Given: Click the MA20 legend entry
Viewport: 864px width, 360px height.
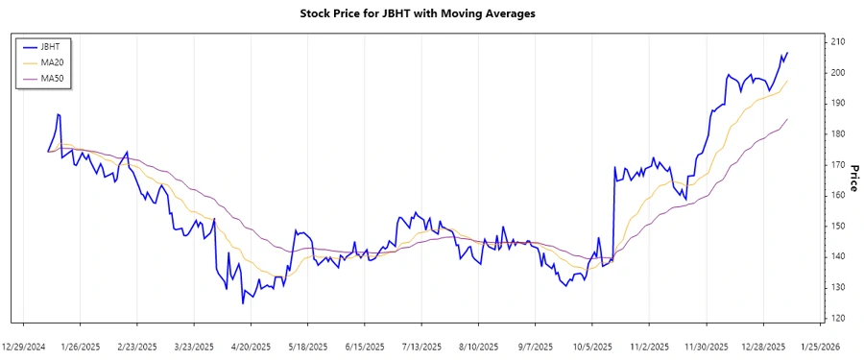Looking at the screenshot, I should point(52,61).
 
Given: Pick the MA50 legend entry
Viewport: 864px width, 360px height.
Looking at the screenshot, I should point(52,78).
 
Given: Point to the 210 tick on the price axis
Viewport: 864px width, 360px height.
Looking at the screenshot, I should point(837,41).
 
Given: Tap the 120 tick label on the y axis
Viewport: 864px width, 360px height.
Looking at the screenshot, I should point(837,318).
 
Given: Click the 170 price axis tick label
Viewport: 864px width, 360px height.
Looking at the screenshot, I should point(837,164).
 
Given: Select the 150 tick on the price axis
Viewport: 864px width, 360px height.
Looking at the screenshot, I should point(837,226).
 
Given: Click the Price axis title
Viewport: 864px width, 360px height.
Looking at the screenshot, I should point(853,179).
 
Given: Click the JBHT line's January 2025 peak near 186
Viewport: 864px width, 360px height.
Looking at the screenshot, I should point(58,114).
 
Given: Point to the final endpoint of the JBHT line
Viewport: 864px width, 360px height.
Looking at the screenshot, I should point(787,53).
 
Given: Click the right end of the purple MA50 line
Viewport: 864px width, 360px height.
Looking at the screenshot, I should point(787,119).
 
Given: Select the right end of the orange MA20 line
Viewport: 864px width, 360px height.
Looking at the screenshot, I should point(787,81).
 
